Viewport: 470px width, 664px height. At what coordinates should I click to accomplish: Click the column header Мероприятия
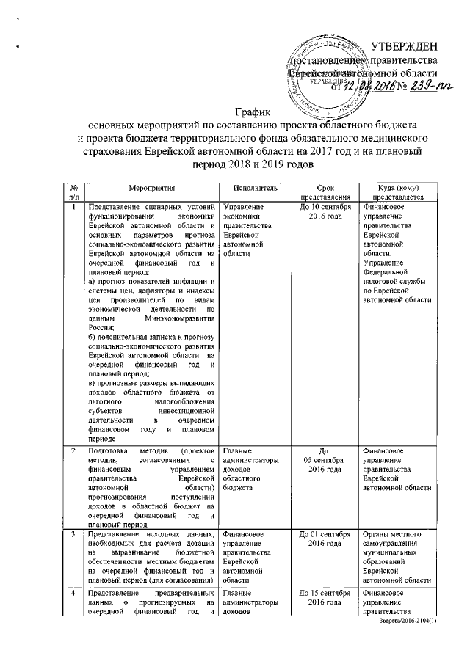[x=151, y=189]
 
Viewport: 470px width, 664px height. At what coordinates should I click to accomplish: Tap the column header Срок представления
[x=325, y=193]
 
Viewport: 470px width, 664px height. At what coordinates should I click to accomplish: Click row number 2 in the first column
[x=73, y=448]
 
